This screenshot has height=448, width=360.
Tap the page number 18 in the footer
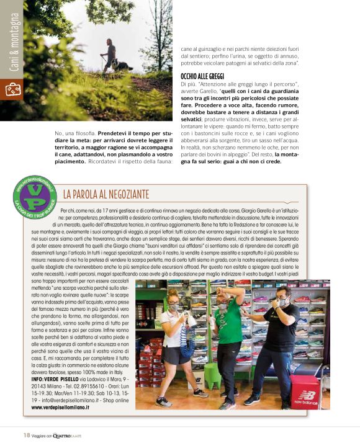pos(27,434)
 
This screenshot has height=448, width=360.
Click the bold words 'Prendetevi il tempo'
pos(127,134)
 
